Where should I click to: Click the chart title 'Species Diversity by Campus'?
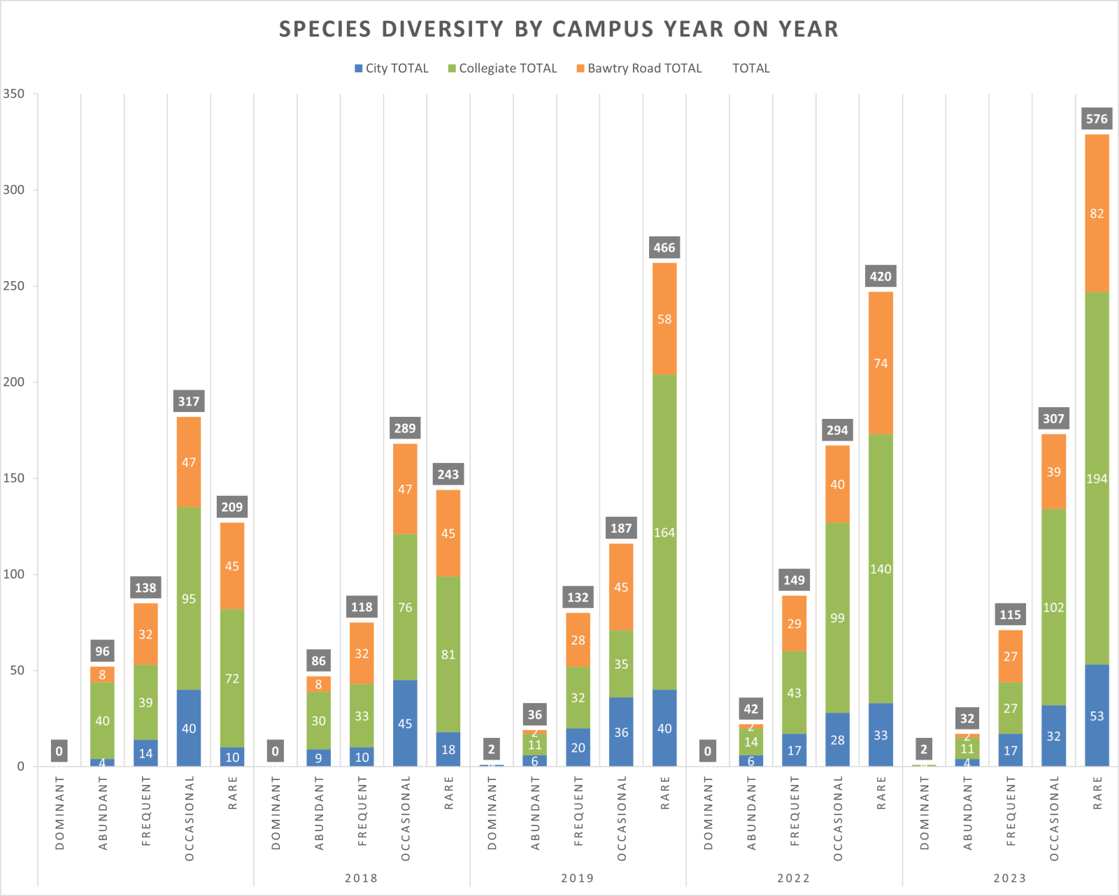pos(558,29)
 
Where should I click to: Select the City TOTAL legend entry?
pos(391,69)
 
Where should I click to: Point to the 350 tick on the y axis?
pos(13,94)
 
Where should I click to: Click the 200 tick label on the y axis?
pos(13,382)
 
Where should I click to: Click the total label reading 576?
pos(1097,119)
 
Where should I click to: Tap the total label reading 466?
pos(664,248)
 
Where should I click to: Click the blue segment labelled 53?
pos(1097,716)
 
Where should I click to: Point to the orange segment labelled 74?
pos(881,363)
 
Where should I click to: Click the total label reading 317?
pos(189,401)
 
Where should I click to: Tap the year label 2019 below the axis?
pos(578,878)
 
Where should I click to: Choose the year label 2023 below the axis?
pos(1010,878)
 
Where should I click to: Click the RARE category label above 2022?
pos(881,792)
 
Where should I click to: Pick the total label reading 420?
pos(881,276)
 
